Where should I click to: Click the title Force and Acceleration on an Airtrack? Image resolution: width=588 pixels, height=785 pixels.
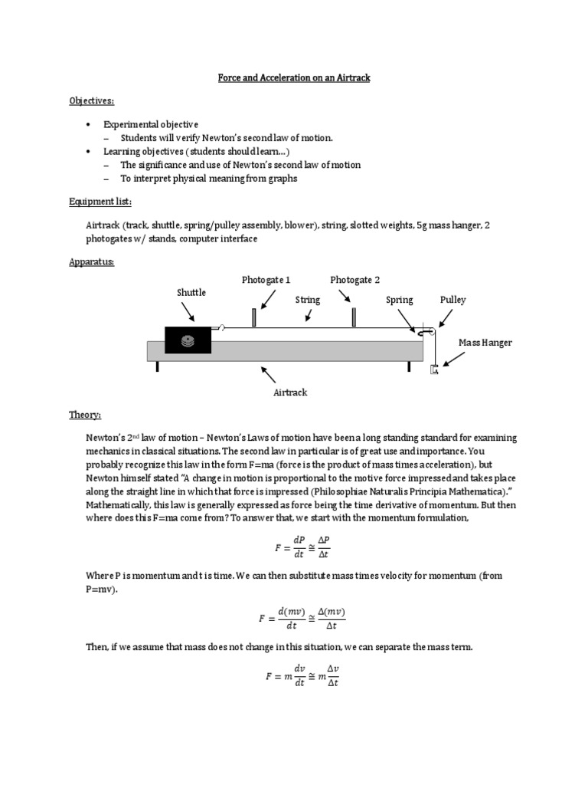point(293,78)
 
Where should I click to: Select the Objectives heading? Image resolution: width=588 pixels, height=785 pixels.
point(92,101)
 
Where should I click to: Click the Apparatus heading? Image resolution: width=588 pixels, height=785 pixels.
point(93,261)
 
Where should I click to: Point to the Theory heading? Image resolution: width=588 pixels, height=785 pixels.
point(85,415)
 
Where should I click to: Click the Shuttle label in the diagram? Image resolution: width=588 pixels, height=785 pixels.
point(191,292)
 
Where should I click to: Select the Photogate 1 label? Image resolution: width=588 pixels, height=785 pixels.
point(266,280)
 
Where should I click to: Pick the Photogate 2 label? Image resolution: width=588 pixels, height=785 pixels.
point(354,280)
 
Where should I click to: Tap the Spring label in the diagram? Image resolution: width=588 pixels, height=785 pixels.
point(400,300)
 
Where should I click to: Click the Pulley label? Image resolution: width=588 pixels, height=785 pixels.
point(452,300)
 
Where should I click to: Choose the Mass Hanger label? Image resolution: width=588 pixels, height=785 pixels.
point(485,343)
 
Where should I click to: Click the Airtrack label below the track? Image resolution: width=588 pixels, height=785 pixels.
point(290,392)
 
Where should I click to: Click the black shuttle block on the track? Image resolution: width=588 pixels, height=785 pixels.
point(188,340)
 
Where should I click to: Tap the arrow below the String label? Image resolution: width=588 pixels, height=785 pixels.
point(307,314)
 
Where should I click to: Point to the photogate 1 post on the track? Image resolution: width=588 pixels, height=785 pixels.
point(253,317)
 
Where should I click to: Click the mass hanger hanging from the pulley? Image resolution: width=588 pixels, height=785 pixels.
point(434,370)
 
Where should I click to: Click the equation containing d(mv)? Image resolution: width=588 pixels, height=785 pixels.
point(302,619)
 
